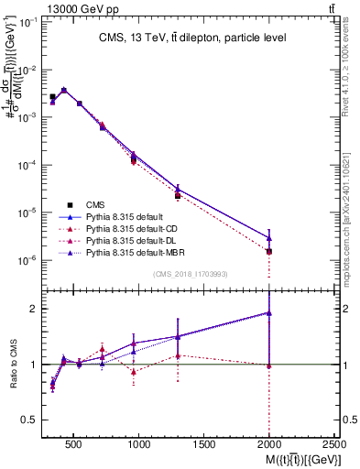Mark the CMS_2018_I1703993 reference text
click(x=191, y=274)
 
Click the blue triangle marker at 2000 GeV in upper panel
click(x=269, y=238)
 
